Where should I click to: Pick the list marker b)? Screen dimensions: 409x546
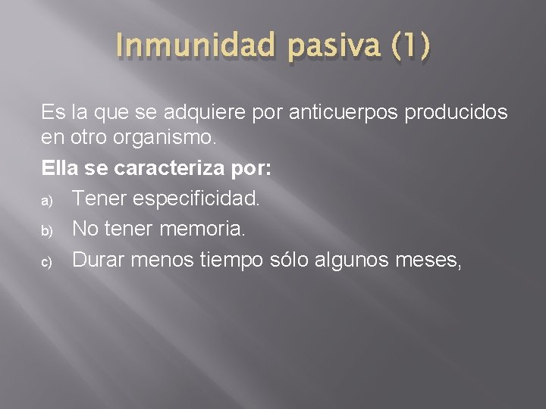pos(46,229)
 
